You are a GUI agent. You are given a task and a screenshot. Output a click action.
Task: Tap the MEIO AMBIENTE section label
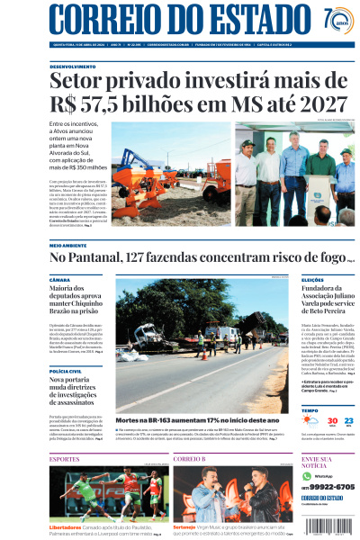(68, 245)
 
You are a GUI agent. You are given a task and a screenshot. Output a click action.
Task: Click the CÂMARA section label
(59, 280)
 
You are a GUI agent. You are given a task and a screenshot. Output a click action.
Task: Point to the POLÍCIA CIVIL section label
(66, 371)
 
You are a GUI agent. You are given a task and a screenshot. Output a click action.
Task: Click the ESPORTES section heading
(65, 459)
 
